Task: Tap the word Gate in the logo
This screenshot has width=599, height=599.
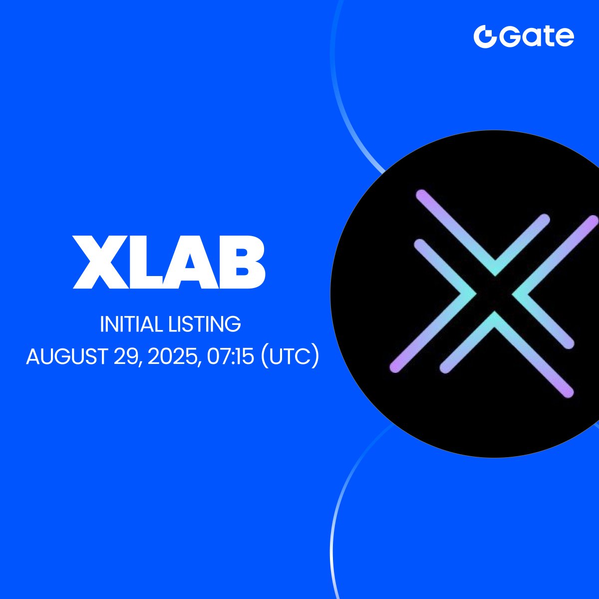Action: click(537, 37)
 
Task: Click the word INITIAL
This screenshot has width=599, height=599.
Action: click(131, 324)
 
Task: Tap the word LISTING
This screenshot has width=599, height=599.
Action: click(205, 324)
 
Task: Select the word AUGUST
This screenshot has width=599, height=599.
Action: click(67, 356)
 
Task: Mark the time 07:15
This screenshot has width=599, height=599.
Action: click(230, 356)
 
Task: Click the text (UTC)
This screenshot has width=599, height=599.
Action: click(291, 356)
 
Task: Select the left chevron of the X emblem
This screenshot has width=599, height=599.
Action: click(432, 306)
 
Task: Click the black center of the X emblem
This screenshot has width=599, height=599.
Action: click(495, 294)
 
